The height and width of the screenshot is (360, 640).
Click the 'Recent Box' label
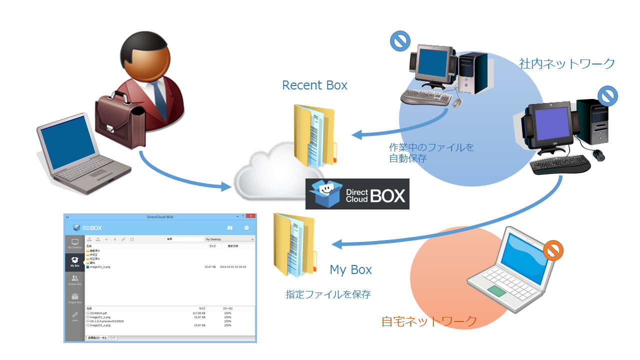point(314,85)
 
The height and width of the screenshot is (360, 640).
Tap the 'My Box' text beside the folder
point(350,270)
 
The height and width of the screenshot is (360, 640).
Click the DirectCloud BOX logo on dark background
point(357,194)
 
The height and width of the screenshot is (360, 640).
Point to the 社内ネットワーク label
point(567,64)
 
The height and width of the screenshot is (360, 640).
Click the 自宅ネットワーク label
point(429,321)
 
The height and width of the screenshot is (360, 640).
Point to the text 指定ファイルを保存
point(328,294)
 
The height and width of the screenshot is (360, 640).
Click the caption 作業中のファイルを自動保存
point(431,153)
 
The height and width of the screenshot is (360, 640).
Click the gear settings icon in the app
point(246,227)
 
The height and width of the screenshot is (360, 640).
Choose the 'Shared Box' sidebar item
point(74,280)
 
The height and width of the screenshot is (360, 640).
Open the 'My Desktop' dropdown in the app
point(229,239)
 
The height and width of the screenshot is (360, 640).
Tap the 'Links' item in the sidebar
point(74,316)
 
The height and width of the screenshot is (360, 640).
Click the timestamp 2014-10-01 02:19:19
point(233,267)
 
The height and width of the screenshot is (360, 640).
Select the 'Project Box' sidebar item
point(74,298)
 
